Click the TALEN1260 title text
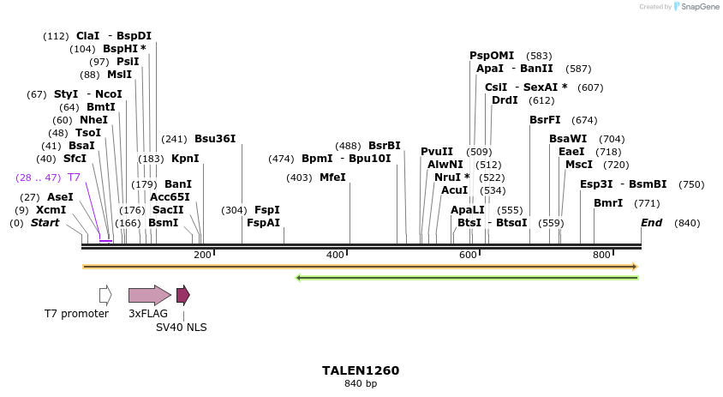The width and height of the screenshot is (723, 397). [361, 370]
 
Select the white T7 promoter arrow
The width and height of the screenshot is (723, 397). [105, 295]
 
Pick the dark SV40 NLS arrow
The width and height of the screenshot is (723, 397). [182, 295]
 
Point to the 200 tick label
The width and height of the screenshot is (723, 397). [202, 255]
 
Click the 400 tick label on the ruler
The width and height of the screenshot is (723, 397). [335, 255]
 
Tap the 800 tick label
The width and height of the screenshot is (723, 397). [601, 255]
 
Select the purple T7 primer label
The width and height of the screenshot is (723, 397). [74, 177]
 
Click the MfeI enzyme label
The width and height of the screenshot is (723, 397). [332, 177]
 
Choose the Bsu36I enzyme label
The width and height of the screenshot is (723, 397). [215, 139]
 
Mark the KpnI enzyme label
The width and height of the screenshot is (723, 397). [185, 159]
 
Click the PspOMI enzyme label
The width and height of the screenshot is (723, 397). [492, 56]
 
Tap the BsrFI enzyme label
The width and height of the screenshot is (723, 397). [545, 120]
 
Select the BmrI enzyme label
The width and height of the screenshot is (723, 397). [608, 203]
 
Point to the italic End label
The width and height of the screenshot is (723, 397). [652, 223]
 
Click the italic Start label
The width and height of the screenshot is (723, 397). [45, 223]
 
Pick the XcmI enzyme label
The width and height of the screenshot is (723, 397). [51, 210]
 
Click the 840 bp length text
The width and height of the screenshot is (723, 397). [361, 383]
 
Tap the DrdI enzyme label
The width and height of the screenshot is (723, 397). [505, 100]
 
